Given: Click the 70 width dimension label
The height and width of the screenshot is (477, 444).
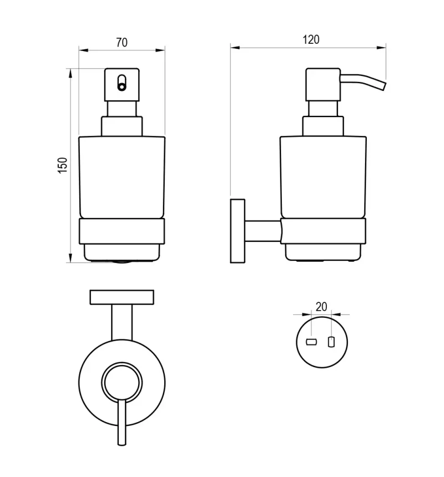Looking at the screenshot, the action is pyautogui.click(x=122, y=42).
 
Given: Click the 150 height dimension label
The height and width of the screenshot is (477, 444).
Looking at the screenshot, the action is pyautogui.click(x=62, y=165).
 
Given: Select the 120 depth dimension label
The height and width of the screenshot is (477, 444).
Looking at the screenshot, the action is pyautogui.click(x=311, y=39).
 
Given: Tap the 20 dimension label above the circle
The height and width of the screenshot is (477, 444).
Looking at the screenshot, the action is pyautogui.click(x=321, y=307).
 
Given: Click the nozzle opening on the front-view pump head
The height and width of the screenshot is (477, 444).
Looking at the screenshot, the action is pyautogui.click(x=122, y=83).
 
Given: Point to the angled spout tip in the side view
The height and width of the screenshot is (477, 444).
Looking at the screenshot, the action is pyautogui.click(x=383, y=86).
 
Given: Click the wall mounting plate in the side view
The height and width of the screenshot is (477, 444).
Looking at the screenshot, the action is pyautogui.click(x=238, y=231).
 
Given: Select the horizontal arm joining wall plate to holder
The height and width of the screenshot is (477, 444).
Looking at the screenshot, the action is pyautogui.click(x=263, y=231).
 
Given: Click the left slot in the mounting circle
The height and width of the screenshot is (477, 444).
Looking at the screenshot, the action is pyautogui.click(x=311, y=342).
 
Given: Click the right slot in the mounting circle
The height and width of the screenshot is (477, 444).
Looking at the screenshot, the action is pyautogui.click(x=331, y=342).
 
